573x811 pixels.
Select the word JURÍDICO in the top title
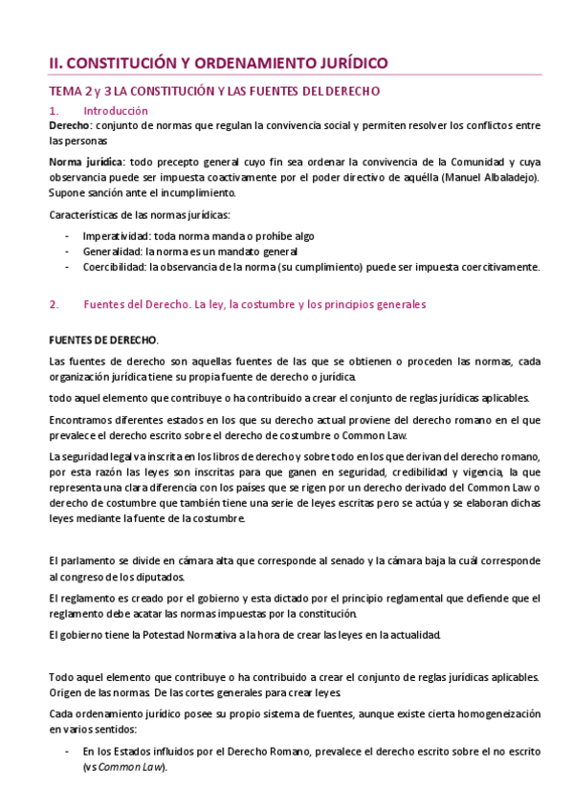[348, 62]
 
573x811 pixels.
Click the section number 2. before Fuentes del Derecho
[55, 304]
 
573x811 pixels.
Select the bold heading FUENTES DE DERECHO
[103, 341]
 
